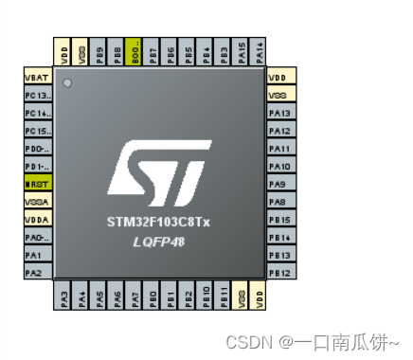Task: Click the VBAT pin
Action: [x=36, y=78]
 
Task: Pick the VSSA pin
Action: [x=36, y=202]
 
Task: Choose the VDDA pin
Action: [x=36, y=220]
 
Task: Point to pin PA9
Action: [x=279, y=184]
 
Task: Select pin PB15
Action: [x=279, y=220]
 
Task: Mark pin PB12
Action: [x=279, y=273]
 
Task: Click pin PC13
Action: [x=36, y=96]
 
